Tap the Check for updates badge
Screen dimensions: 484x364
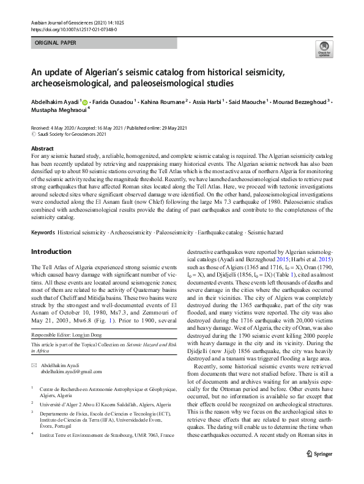pyautogui.click(x=324, y=48)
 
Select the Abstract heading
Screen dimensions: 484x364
pyautogui.click(x=42, y=149)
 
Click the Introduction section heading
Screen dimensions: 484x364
pyautogui.click(x=51, y=234)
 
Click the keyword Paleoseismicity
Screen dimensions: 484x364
pyautogui.click(x=176, y=216)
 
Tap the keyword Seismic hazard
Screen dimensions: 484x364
pyautogui.click(x=284, y=216)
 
